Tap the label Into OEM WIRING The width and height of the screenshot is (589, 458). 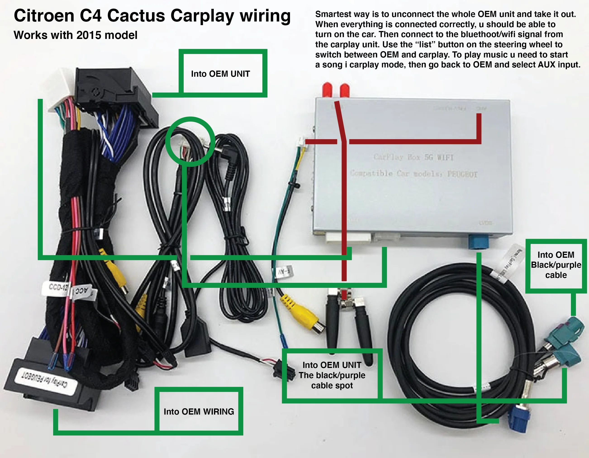coord(199,412)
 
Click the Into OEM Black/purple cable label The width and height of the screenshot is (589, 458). coord(556,265)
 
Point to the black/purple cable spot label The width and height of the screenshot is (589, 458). coord(332,375)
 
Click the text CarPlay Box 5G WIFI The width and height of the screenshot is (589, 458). coord(413,157)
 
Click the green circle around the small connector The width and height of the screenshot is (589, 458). coord(190,142)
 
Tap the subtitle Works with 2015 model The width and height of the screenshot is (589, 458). coord(76,35)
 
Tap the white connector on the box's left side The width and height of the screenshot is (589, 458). coord(301,142)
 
